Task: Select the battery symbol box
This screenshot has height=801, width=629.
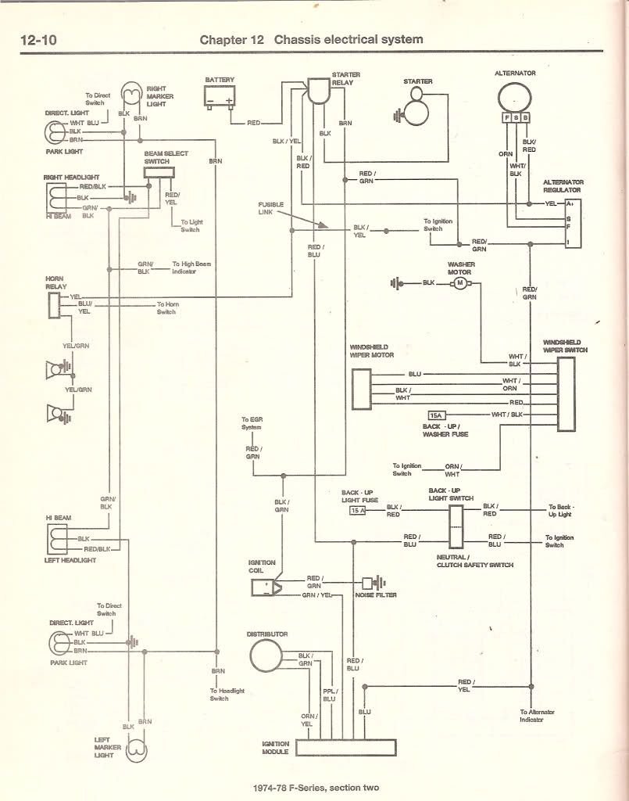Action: point(220,97)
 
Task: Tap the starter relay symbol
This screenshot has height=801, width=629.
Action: point(319,92)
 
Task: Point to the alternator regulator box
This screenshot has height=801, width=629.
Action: point(578,223)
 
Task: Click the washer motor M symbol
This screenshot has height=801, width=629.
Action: point(460,282)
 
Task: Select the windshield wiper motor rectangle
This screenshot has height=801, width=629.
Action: point(362,390)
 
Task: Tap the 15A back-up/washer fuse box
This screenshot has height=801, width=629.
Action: point(436,414)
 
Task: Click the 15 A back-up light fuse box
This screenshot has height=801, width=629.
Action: point(358,510)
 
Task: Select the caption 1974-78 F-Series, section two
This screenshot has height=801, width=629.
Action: point(316,788)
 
